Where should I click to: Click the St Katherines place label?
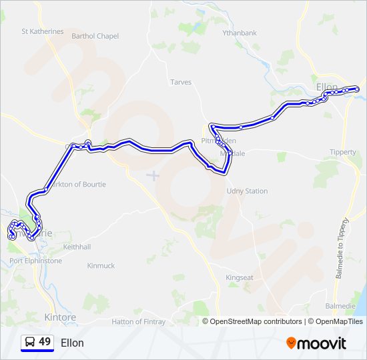[43, 31]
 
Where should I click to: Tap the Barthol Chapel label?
[95, 36]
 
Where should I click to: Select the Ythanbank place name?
[240, 33]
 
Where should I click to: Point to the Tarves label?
[181, 82]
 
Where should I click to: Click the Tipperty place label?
[343, 152]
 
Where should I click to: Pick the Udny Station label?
[247, 191]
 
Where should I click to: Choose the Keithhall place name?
[76, 247]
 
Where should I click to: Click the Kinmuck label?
[101, 265]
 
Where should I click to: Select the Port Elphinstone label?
[35, 261]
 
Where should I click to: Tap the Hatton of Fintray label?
[138, 321]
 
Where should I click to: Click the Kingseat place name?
[240, 277]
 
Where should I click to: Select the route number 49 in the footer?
[45, 342]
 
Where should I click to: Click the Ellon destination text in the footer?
[72, 343]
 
